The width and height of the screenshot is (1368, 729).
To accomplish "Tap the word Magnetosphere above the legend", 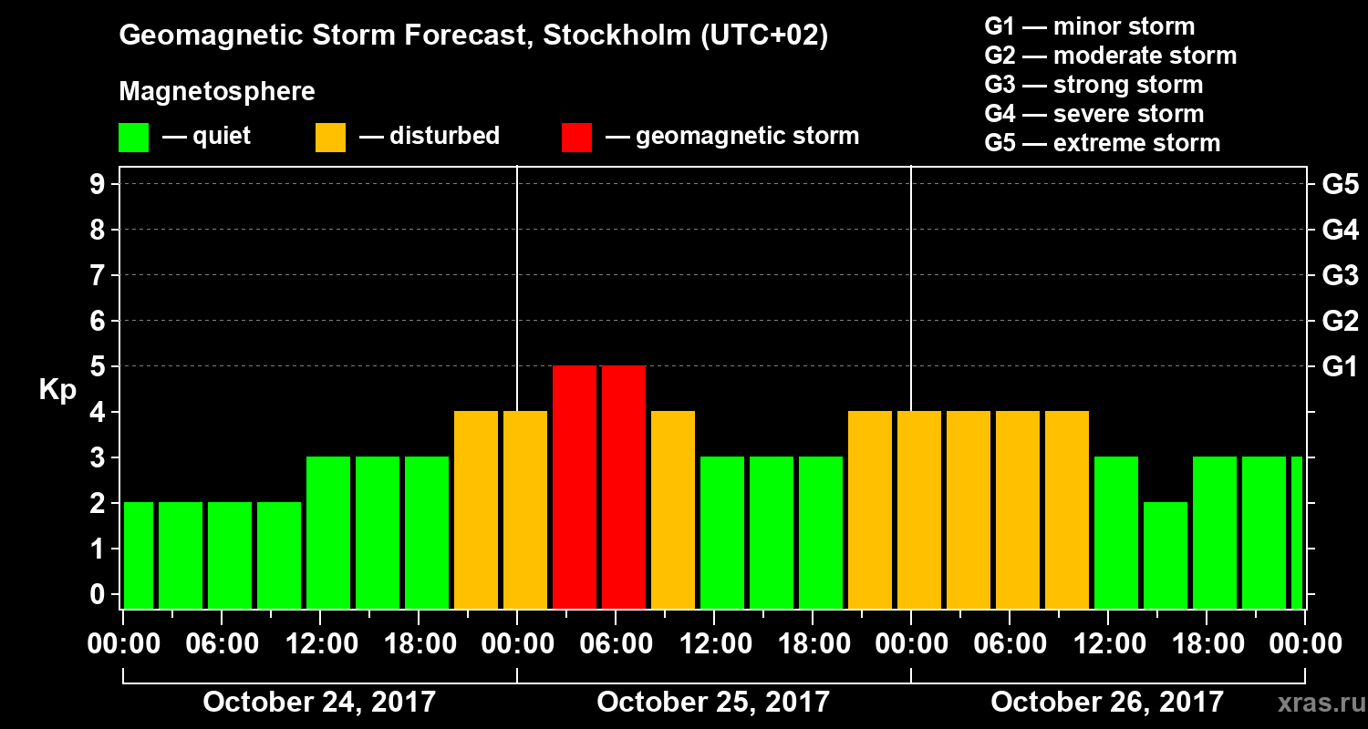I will [217, 92].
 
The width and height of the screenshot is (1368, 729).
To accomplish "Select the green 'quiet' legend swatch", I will [133, 138].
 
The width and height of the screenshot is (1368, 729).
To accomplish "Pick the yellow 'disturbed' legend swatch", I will [330, 138].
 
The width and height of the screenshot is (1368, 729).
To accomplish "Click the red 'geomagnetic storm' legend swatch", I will [576, 138].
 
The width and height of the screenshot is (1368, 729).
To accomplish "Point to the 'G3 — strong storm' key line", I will [1093, 85].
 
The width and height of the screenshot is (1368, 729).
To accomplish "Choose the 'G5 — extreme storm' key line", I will [1102, 143].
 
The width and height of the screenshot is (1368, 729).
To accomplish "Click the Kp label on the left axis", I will [57, 390].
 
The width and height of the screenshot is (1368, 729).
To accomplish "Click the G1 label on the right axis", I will [1340, 367].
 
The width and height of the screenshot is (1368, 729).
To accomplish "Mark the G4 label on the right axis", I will [1340, 231].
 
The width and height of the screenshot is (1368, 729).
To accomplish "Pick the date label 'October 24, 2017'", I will [319, 703].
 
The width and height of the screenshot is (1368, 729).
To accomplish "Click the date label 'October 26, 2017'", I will [1107, 703].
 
